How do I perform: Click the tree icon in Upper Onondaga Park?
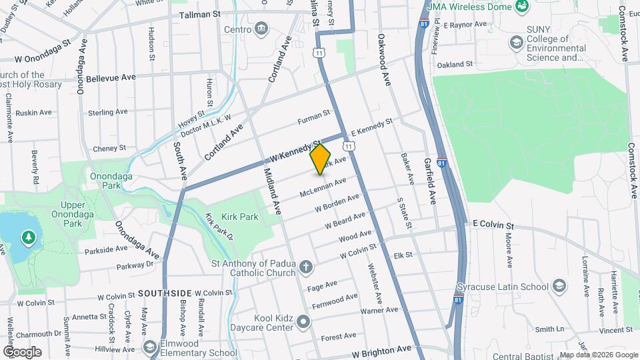[x=28, y=237]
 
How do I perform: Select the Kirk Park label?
[x=240, y=217]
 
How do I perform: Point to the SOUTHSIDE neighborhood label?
[x=165, y=293]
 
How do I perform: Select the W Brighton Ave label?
[x=381, y=350]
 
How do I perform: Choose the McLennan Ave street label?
[x=323, y=187]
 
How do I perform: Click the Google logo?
[x=23, y=351]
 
